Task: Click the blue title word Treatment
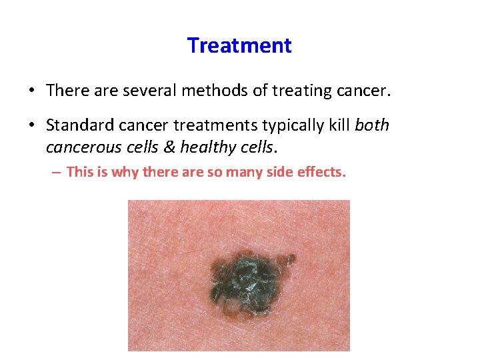click(x=239, y=45)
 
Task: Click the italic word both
click(x=373, y=125)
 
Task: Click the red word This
click(x=79, y=172)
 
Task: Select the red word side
click(x=281, y=172)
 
